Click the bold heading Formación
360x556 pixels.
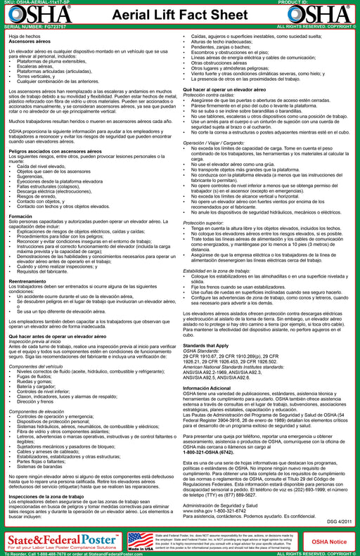20,237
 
